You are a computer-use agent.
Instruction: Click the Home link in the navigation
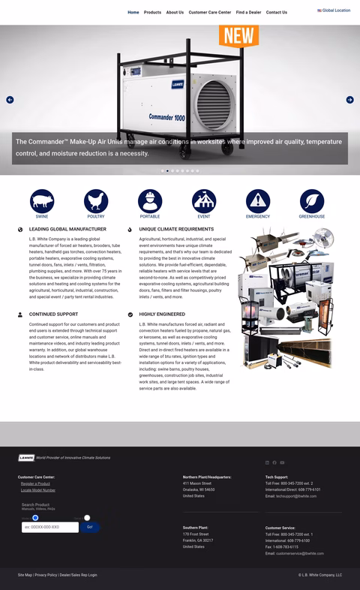pos(133,12)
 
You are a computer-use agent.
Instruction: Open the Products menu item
pos(152,12)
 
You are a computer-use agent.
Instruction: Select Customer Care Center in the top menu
pos(209,12)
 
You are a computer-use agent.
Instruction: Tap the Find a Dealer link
pos(248,12)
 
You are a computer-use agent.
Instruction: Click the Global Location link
pos(334,11)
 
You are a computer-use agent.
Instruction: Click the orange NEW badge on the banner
pos(238,35)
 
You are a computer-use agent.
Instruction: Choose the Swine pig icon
pos(42,201)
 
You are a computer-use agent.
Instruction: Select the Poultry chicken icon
pos(96,201)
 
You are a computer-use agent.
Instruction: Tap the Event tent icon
pos(204,201)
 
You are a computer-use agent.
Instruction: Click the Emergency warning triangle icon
pos(258,201)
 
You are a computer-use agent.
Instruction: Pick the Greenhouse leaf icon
pos(312,201)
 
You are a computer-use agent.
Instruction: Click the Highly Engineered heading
pos(162,315)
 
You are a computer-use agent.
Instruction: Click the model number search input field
pos(49,527)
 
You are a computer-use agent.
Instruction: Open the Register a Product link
pos(35,483)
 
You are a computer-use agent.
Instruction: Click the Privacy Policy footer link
pos(46,575)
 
